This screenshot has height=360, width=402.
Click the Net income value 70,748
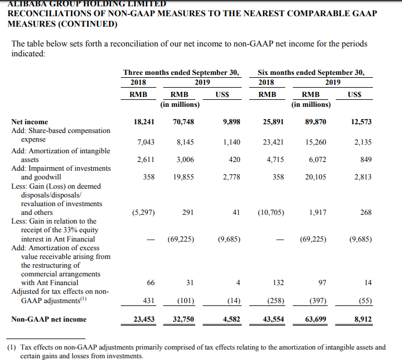(183, 122)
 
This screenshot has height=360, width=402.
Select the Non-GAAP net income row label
(49, 319)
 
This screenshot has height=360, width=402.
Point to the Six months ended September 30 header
(311, 73)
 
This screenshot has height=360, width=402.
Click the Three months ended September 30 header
(181, 73)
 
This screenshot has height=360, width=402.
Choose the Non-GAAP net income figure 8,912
(361, 319)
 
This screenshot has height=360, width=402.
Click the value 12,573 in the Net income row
(361, 122)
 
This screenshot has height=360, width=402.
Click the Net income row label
(30, 122)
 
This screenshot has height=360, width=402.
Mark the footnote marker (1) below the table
(12, 347)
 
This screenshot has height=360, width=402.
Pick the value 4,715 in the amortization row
(275, 159)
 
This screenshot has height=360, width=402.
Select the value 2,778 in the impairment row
(231, 177)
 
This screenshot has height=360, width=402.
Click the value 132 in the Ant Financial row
(278, 282)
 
